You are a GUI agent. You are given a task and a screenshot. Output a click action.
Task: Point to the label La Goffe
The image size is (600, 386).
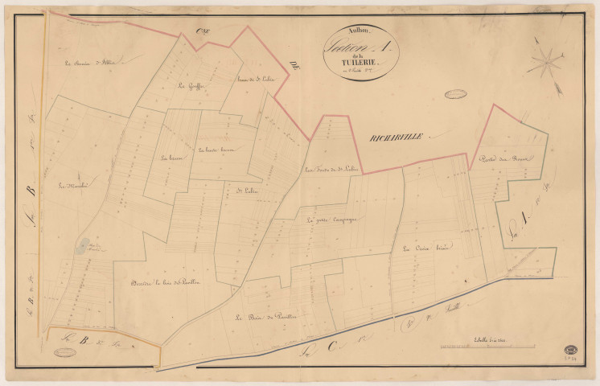coord(191,87)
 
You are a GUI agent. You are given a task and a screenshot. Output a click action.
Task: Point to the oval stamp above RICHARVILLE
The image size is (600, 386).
coord(456,93)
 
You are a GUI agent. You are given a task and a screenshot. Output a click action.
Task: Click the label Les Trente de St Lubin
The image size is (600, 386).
coord(331,169)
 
